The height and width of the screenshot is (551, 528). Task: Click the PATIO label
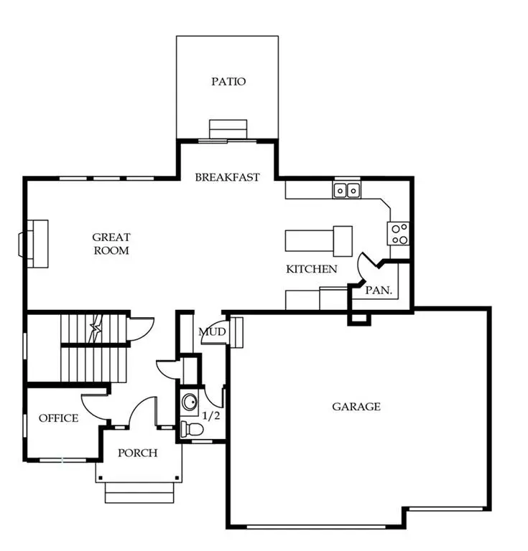228,81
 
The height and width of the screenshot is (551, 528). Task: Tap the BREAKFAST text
227,177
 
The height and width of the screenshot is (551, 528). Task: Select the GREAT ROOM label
111,244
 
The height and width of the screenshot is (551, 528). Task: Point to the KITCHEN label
312,270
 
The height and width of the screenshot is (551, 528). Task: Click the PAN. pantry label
379,291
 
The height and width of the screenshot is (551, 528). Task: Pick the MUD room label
213,332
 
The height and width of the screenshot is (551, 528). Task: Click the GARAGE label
356,407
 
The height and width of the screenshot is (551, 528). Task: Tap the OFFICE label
58,418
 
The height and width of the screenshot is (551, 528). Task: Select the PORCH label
138,453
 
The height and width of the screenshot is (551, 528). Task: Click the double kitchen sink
347,190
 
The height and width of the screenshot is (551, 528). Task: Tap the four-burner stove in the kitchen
399,233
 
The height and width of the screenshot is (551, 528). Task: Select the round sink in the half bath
190,402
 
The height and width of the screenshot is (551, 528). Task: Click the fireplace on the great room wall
36,243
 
